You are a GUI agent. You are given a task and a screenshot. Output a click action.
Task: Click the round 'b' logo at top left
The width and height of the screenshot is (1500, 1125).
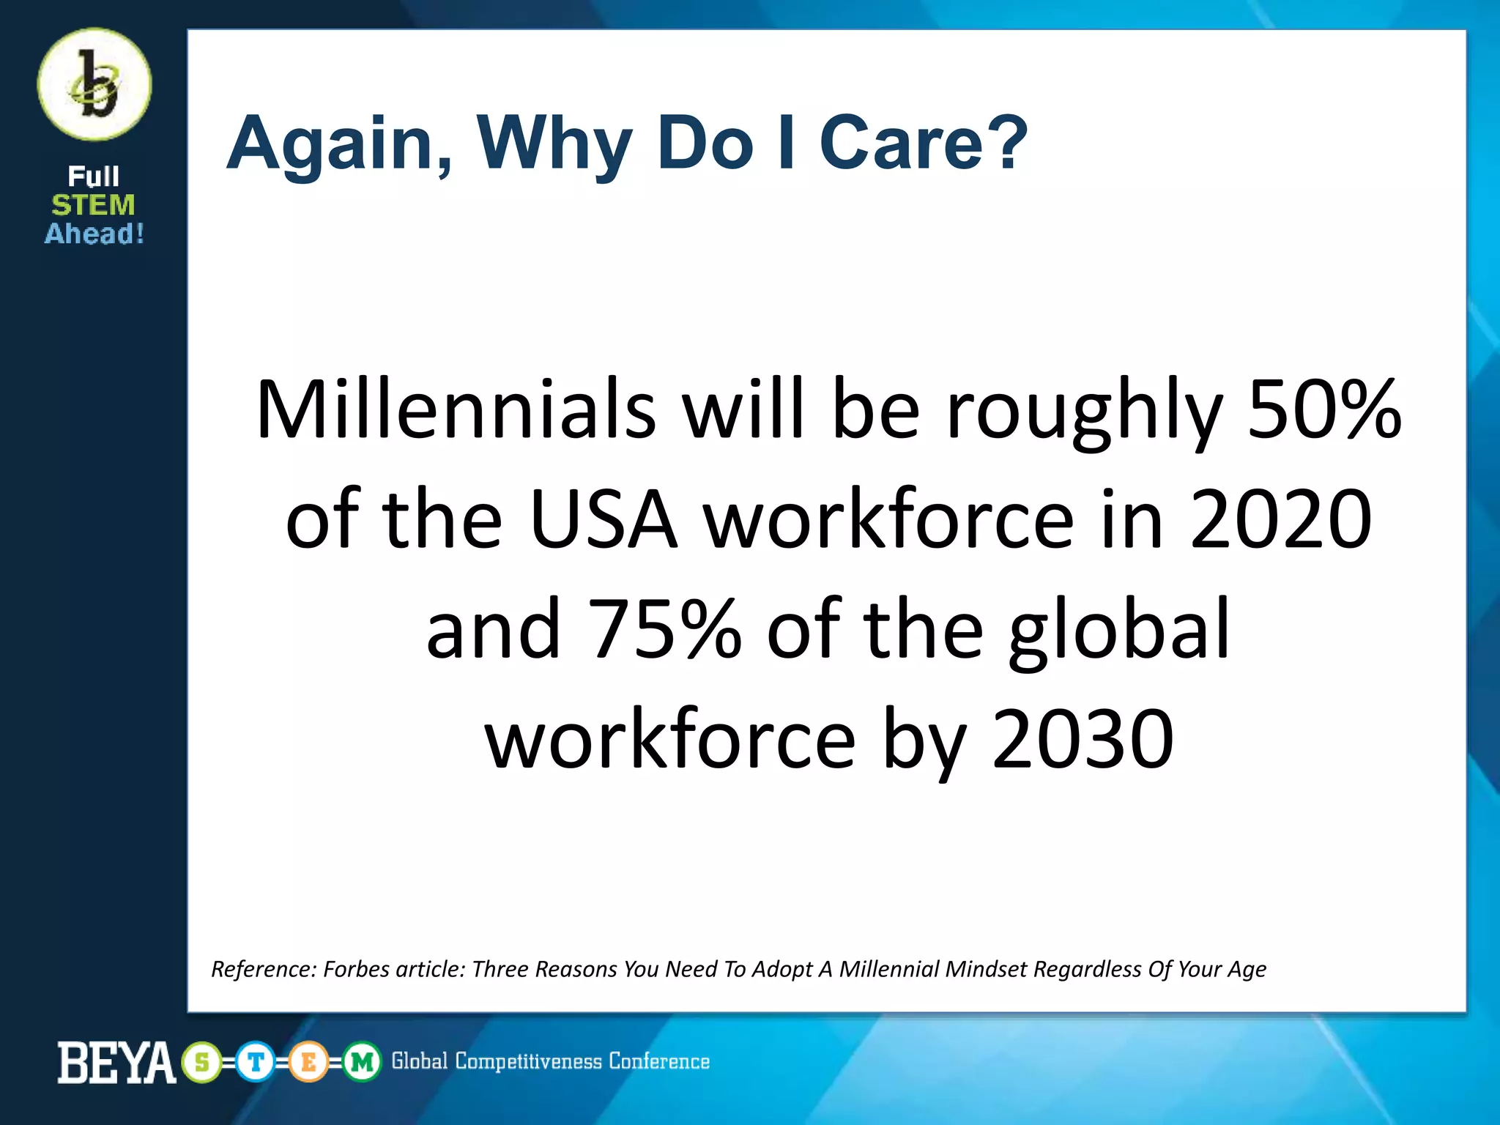pyautogui.click(x=94, y=84)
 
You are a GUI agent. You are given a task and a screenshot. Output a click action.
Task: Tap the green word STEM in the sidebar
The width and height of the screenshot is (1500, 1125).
pyautogui.click(x=93, y=205)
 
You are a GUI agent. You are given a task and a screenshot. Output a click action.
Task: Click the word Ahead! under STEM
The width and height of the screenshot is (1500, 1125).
pyautogui.click(x=94, y=234)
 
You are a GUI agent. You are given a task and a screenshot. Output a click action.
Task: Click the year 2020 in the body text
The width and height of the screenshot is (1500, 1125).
pyautogui.click(x=1280, y=519)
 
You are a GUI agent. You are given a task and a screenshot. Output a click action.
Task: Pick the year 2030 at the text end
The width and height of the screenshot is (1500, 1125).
pyautogui.click(x=1083, y=739)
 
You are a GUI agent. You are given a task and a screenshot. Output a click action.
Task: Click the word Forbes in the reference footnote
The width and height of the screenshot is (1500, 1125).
pyautogui.click(x=356, y=969)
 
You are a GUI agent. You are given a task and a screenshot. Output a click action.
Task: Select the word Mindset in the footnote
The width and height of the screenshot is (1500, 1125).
pyautogui.click(x=986, y=969)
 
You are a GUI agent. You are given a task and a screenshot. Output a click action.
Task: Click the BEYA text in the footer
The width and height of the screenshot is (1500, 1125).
pyautogui.click(x=116, y=1062)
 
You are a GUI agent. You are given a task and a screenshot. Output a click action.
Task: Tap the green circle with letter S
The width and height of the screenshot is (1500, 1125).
pyautogui.click(x=202, y=1062)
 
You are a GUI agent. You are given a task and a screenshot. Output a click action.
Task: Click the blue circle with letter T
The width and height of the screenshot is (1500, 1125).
pyautogui.click(x=255, y=1062)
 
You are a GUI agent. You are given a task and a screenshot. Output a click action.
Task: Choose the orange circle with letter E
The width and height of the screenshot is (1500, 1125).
pyautogui.click(x=308, y=1062)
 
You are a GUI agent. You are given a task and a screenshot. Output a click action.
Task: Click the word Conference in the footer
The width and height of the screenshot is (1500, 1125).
pyautogui.click(x=659, y=1061)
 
